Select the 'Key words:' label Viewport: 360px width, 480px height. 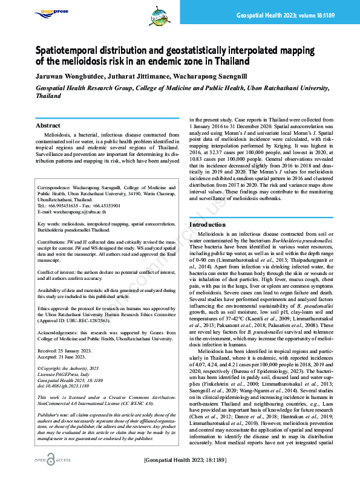pyautogui.click(x=51, y=223)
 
